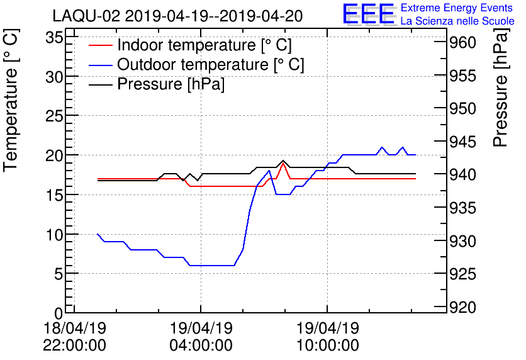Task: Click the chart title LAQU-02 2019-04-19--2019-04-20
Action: pos(177,14)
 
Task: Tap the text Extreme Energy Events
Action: pos(457,8)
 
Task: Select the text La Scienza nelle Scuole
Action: pos(457,21)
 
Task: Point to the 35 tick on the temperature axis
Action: pos(54,38)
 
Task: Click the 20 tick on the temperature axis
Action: pos(54,155)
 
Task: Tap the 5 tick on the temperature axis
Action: pos(59,274)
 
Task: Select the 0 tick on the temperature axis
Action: pos(59,313)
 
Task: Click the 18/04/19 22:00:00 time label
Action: pos(74,336)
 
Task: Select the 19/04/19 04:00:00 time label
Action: pos(201,336)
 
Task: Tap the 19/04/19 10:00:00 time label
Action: pos(327,336)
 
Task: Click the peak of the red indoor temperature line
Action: pos(284,163)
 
